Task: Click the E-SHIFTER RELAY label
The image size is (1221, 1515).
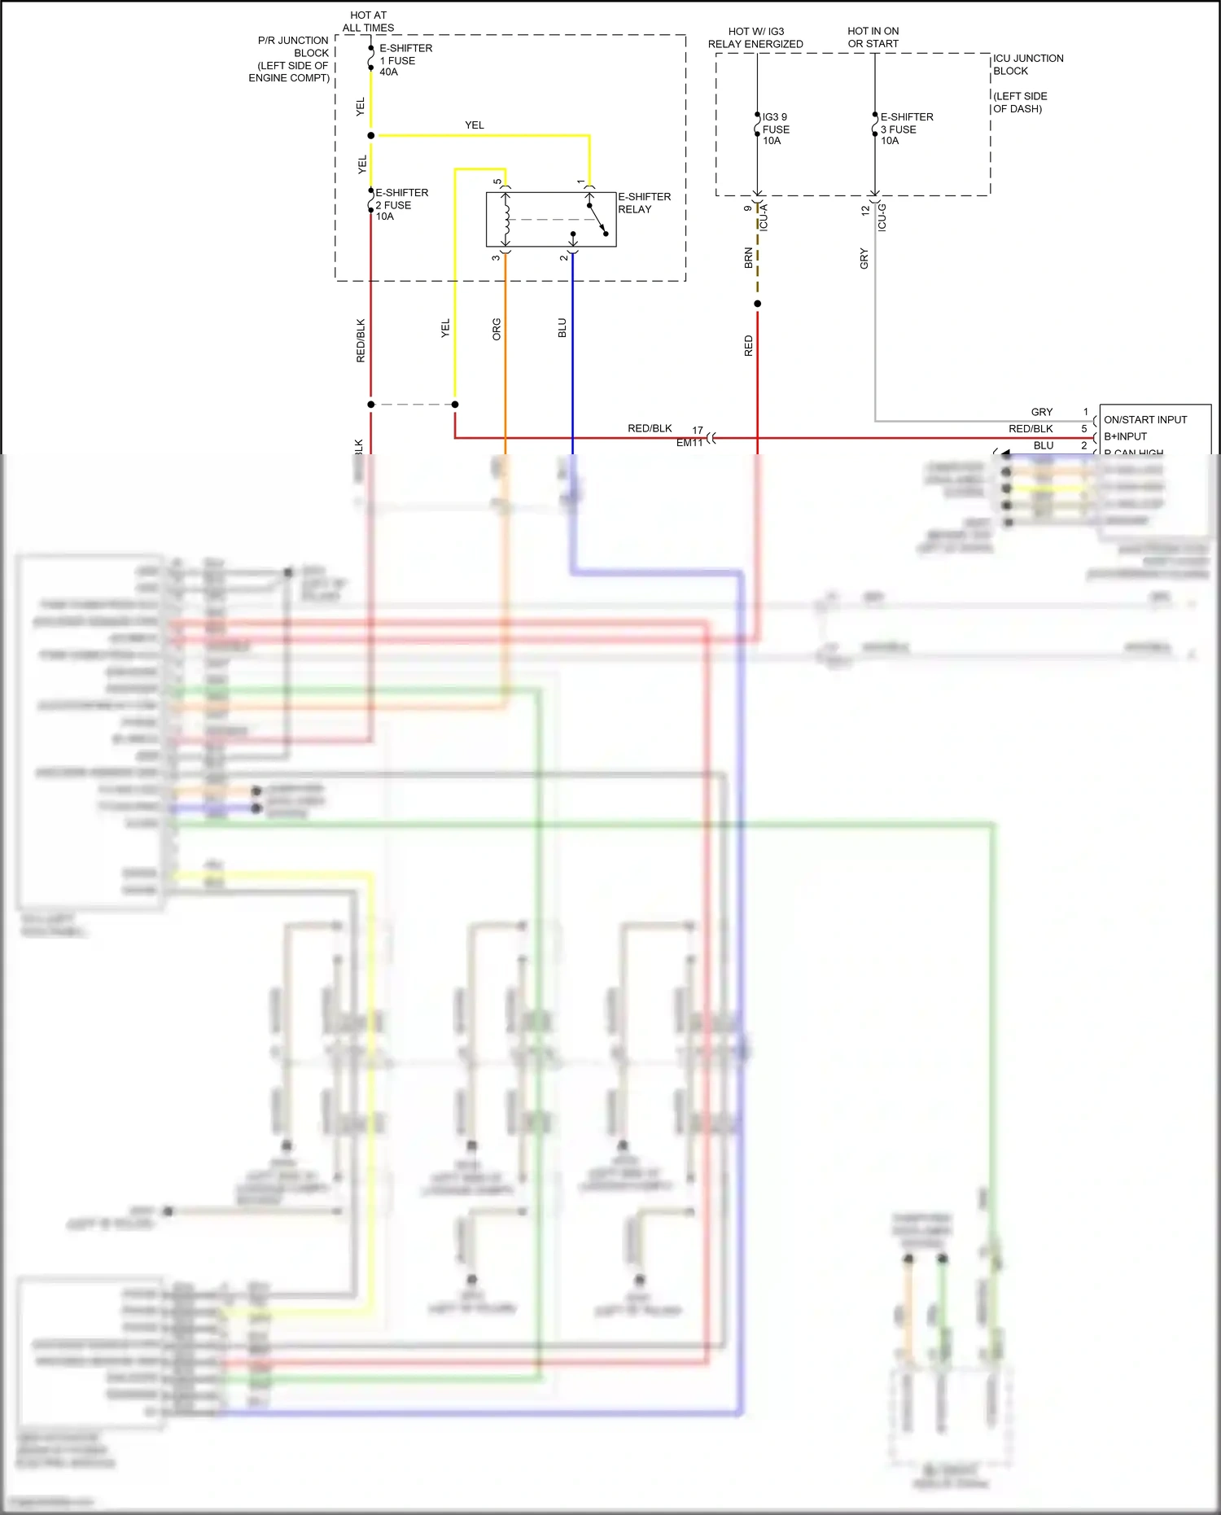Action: (644, 203)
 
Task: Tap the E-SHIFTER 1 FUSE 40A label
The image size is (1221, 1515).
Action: (405, 60)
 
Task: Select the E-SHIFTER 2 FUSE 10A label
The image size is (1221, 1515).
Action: (400, 204)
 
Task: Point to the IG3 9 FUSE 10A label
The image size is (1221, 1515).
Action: (775, 129)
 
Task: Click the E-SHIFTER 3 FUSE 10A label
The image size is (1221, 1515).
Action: (906, 129)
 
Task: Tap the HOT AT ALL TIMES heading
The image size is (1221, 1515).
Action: (368, 21)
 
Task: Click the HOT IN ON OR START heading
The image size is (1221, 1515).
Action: (873, 37)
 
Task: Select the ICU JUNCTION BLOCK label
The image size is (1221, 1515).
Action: (1027, 64)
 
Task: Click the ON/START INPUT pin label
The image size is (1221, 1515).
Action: (1144, 419)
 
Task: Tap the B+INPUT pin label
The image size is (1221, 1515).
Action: (1125, 436)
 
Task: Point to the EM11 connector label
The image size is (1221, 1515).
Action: (689, 442)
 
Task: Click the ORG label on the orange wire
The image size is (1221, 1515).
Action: (497, 329)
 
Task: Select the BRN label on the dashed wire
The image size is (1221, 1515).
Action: (748, 258)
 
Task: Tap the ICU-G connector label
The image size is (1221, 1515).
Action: (882, 217)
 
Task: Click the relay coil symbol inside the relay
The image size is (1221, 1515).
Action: (506, 218)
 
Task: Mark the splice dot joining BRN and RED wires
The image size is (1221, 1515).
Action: (757, 304)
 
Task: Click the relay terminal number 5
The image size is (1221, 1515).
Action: (497, 182)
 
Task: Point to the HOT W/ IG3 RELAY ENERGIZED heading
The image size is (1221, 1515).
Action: (755, 37)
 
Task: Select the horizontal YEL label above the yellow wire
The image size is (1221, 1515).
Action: (474, 125)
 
